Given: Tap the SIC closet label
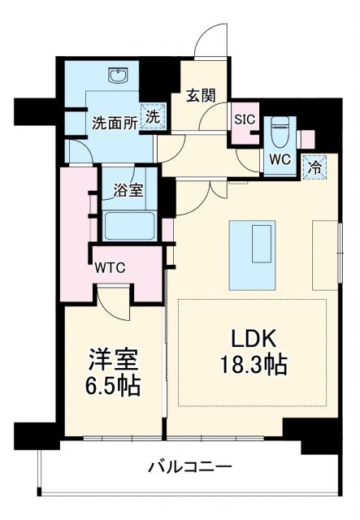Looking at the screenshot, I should pos(244,119).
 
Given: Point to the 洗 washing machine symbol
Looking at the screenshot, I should pos(152,117).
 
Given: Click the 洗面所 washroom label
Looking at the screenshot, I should pos(113,124).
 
